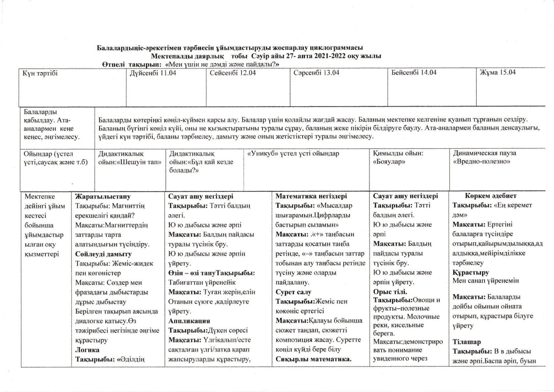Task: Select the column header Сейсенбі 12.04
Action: pos(233,73)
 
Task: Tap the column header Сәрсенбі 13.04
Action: pos(316,73)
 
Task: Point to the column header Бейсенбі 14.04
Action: pos(414,72)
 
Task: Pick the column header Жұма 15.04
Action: pos(498,72)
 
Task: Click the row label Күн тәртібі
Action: pos(40,73)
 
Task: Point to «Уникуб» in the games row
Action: pos(262,154)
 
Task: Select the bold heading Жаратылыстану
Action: pos(103,197)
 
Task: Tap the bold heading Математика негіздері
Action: pos(311,196)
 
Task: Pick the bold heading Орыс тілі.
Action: pos(390,292)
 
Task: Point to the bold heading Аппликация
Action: pos(189,321)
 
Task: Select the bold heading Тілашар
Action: pos(466,342)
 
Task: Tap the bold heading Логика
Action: pos(87,350)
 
